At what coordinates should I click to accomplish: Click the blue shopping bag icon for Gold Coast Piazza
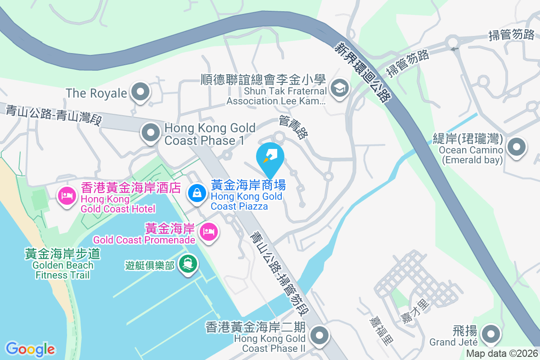click(x=197, y=193)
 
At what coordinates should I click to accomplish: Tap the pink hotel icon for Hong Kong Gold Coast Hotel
click(x=67, y=196)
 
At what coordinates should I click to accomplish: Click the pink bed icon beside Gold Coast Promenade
click(x=209, y=232)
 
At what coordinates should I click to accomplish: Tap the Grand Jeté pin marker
click(x=491, y=334)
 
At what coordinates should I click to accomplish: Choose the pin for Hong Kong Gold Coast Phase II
click(x=320, y=335)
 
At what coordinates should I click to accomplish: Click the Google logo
click(x=30, y=349)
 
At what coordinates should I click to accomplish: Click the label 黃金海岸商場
click(x=248, y=185)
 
